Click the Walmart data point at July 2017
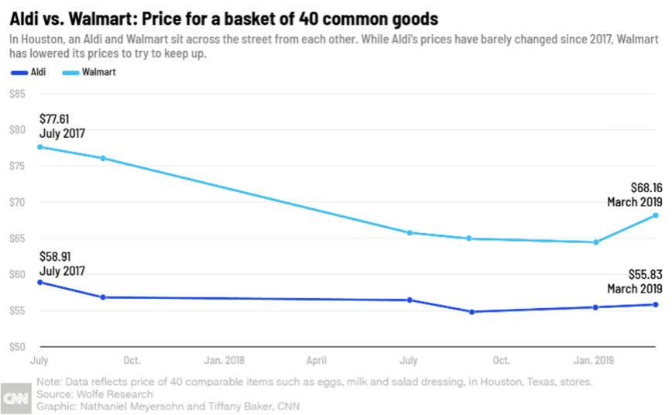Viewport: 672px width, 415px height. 39,147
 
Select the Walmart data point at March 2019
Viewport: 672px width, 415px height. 655,215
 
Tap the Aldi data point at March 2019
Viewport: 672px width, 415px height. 655,304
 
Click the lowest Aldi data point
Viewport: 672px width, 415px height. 471,312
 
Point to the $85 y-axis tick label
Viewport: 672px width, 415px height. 18,94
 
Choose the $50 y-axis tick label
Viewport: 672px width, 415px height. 18,347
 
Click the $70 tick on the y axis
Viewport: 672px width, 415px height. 18,202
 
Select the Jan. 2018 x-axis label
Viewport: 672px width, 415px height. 223,360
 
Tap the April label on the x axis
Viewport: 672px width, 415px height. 316,360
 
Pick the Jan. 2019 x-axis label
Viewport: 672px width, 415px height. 594,360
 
